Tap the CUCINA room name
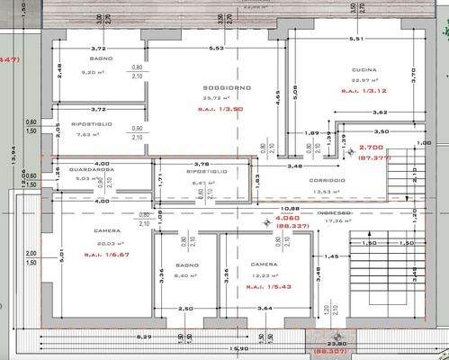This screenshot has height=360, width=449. point(364,69)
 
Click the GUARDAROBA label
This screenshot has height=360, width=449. point(94,169)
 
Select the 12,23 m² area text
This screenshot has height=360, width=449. point(264,275)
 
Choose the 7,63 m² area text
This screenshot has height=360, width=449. point(90,135)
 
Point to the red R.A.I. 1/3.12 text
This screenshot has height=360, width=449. point(364,91)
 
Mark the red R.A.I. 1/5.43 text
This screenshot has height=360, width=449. point(263,285)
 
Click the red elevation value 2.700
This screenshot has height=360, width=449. point(371,148)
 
